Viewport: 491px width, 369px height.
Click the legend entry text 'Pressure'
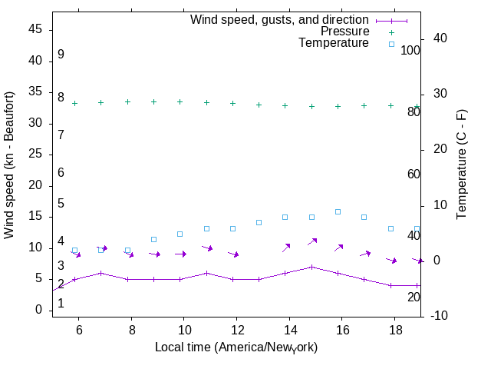[344, 32]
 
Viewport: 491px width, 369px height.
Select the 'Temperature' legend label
[334, 44]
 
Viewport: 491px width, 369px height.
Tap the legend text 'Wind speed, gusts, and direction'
[279, 19]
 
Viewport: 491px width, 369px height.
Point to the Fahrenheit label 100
[410, 50]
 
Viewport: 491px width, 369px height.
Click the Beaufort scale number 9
[61, 55]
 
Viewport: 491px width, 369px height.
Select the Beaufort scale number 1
[61, 304]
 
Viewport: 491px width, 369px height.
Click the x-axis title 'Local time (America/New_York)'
[236, 347]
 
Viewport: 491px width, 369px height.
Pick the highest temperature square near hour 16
[338, 211]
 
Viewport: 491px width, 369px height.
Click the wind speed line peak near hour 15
[311, 267]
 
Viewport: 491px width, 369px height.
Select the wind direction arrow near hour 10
[180, 254]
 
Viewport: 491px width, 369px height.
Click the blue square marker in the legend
[391, 44]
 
